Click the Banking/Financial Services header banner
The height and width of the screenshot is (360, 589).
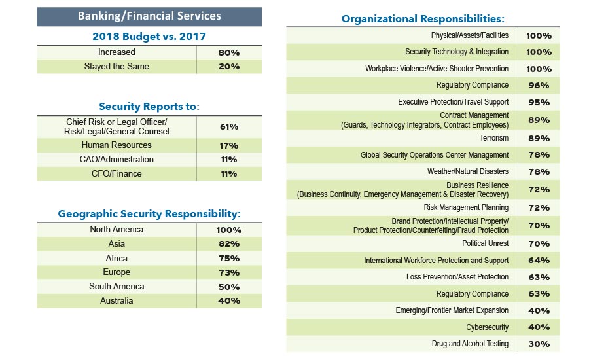click(149, 16)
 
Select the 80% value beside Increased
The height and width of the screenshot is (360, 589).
click(229, 52)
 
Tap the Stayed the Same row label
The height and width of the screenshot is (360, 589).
click(116, 67)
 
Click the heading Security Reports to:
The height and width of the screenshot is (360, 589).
click(149, 106)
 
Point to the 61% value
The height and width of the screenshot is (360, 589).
click(229, 127)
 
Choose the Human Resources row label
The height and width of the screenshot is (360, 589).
click(116, 145)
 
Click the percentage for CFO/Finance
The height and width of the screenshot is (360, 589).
click(229, 174)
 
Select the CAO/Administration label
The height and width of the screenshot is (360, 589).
click(116, 160)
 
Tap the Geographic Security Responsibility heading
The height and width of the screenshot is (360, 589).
click(149, 214)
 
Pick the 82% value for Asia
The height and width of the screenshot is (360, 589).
click(229, 244)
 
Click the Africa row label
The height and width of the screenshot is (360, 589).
click(116, 258)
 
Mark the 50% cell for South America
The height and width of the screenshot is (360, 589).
click(229, 287)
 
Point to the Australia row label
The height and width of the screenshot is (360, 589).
click(116, 301)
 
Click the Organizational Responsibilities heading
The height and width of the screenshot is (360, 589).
click(423, 19)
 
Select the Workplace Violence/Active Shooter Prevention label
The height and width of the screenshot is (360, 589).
click(437, 69)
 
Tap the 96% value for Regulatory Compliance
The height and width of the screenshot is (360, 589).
click(539, 86)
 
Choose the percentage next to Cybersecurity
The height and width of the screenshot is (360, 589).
click(539, 327)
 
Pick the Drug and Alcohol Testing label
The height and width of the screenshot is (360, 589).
click(470, 344)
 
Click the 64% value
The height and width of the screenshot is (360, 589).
click(539, 261)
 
